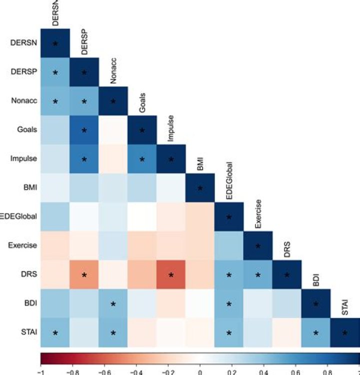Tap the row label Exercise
(x=23, y=245)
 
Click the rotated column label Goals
(x=142, y=105)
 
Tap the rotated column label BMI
(x=200, y=165)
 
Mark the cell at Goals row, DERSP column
(x=84, y=130)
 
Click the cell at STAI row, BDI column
(x=316, y=332)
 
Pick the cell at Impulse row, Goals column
(x=142, y=159)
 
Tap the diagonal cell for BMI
(x=200, y=188)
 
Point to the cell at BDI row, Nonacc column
(x=113, y=303)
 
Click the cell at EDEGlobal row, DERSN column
(x=55, y=216)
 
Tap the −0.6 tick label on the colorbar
(x=103, y=371)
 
